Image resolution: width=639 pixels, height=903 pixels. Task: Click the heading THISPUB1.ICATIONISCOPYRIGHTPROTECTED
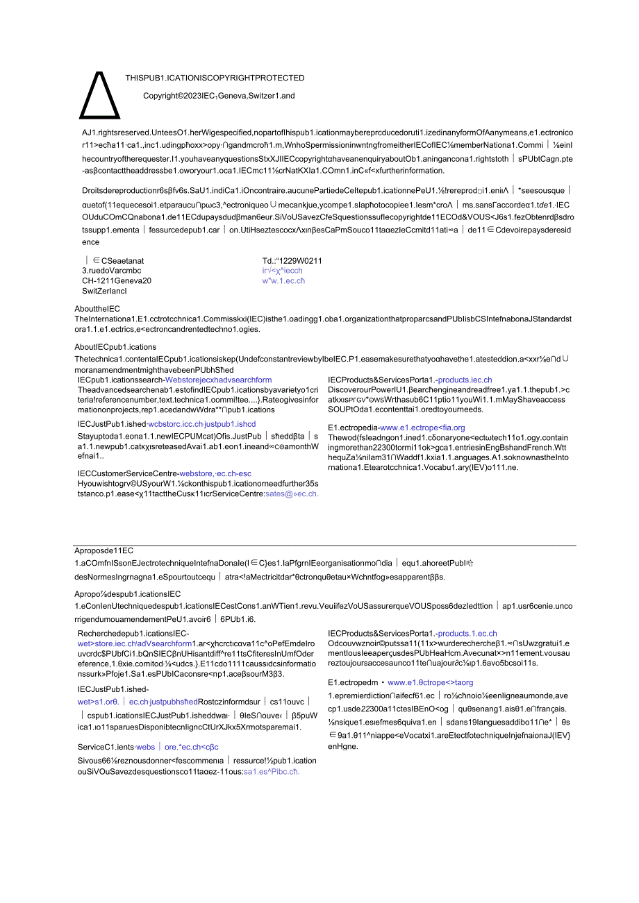(x=215, y=78)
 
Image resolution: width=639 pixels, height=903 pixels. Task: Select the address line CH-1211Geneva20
(x=117, y=281)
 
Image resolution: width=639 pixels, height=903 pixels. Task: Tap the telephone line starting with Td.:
(x=292, y=261)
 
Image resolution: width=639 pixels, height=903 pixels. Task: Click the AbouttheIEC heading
(x=97, y=309)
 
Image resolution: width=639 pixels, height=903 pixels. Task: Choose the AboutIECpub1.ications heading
(x=115, y=347)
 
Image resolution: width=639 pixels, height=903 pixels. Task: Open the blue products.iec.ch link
(x=465, y=380)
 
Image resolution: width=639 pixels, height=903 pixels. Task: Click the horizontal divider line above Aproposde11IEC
(x=325, y=546)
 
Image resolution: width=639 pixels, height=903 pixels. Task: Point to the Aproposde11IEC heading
(x=103, y=550)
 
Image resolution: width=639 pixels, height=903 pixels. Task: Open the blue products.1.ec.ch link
(x=467, y=633)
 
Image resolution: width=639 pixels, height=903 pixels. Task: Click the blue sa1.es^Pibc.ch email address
(x=271, y=771)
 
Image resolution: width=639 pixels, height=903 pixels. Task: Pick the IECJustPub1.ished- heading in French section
(x=113, y=689)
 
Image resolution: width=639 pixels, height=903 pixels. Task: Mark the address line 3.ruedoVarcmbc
(x=111, y=271)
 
